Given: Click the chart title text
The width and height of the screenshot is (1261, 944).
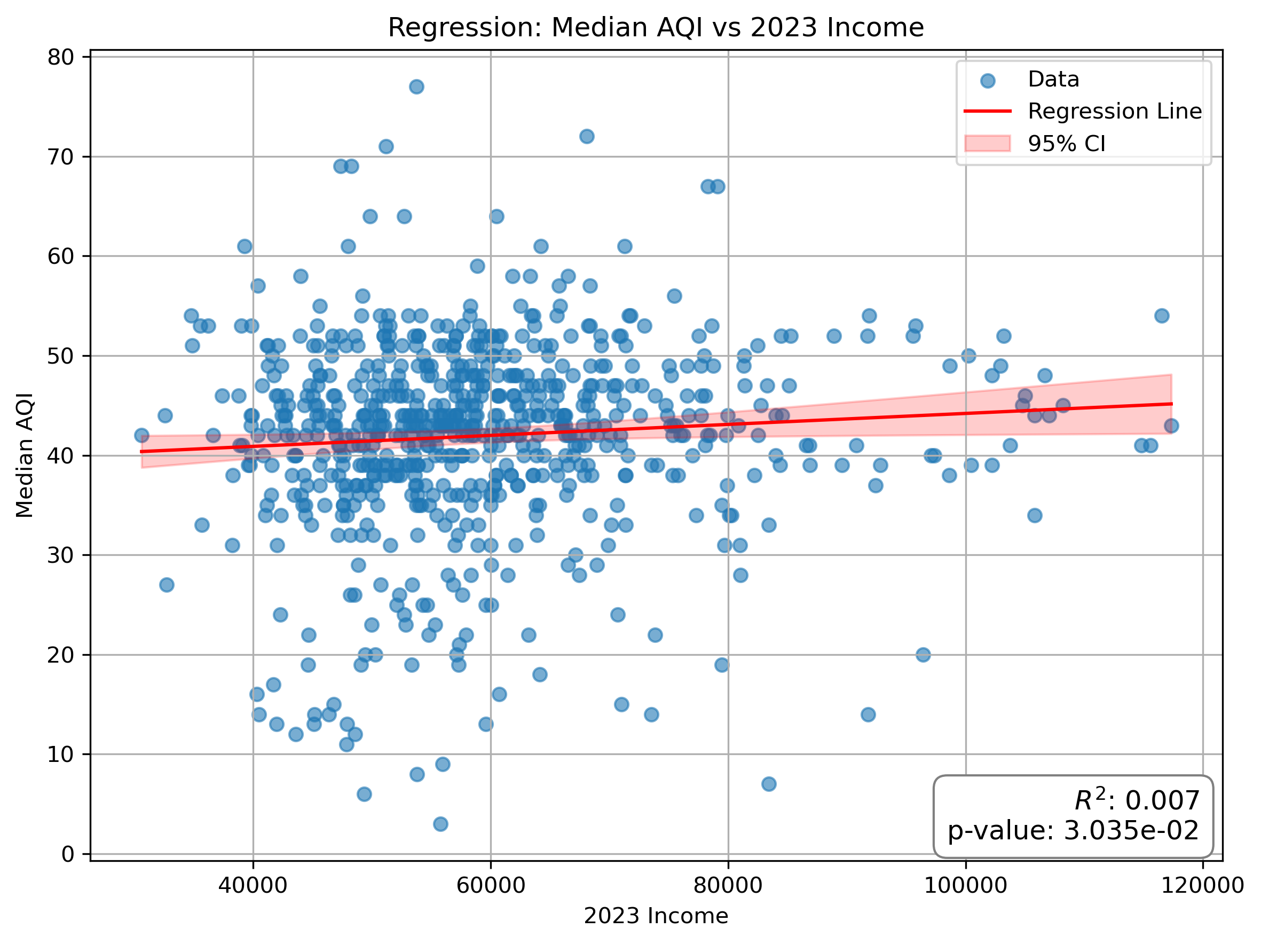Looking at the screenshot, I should (x=656, y=27).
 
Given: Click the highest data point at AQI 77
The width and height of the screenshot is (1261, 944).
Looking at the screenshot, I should (x=416, y=86).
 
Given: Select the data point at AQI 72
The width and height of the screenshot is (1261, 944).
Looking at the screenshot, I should (x=587, y=136).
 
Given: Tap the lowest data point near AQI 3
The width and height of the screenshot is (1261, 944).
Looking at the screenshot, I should (x=440, y=824).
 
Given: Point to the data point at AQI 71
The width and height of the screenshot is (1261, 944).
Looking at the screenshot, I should (x=386, y=146).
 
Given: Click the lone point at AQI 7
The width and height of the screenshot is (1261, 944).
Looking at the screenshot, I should (x=768, y=784).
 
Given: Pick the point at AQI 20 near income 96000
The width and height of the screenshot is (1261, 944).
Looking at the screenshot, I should (x=923, y=655).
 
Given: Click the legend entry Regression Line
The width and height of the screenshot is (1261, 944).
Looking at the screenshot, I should (x=1114, y=111).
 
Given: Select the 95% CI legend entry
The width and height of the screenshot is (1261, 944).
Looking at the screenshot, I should (x=1066, y=144).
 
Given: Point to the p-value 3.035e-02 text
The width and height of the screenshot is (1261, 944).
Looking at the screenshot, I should (x=1073, y=831).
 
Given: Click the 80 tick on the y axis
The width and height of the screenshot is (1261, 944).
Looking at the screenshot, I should (x=61, y=57).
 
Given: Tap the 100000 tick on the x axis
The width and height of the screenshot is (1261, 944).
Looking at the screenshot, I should (x=965, y=885).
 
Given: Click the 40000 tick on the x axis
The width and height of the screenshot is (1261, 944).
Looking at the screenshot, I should (x=253, y=885).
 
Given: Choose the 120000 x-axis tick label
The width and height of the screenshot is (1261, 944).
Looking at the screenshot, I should (x=1202, y=885).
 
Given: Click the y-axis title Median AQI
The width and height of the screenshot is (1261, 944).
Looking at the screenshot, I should (x=25, y=455).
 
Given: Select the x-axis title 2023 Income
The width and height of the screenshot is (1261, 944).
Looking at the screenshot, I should (x=656, y=916).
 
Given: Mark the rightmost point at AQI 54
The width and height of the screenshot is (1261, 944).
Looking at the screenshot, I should (x=1161, y=316).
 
